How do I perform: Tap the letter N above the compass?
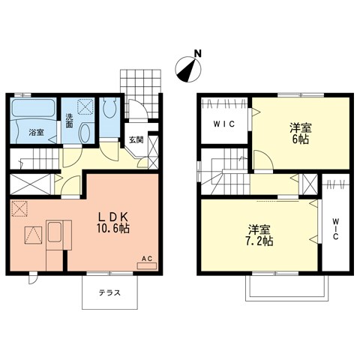click(197, 53)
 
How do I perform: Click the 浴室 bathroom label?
click(36, 133)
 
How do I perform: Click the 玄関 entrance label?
click(135, 139)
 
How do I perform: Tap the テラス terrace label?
click(110, 294)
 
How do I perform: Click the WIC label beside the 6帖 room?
click(223, 125)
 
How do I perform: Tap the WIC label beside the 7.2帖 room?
click(335, 228)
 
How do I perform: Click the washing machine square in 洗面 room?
click(85, 108)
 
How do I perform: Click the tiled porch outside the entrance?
click(142, 87)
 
